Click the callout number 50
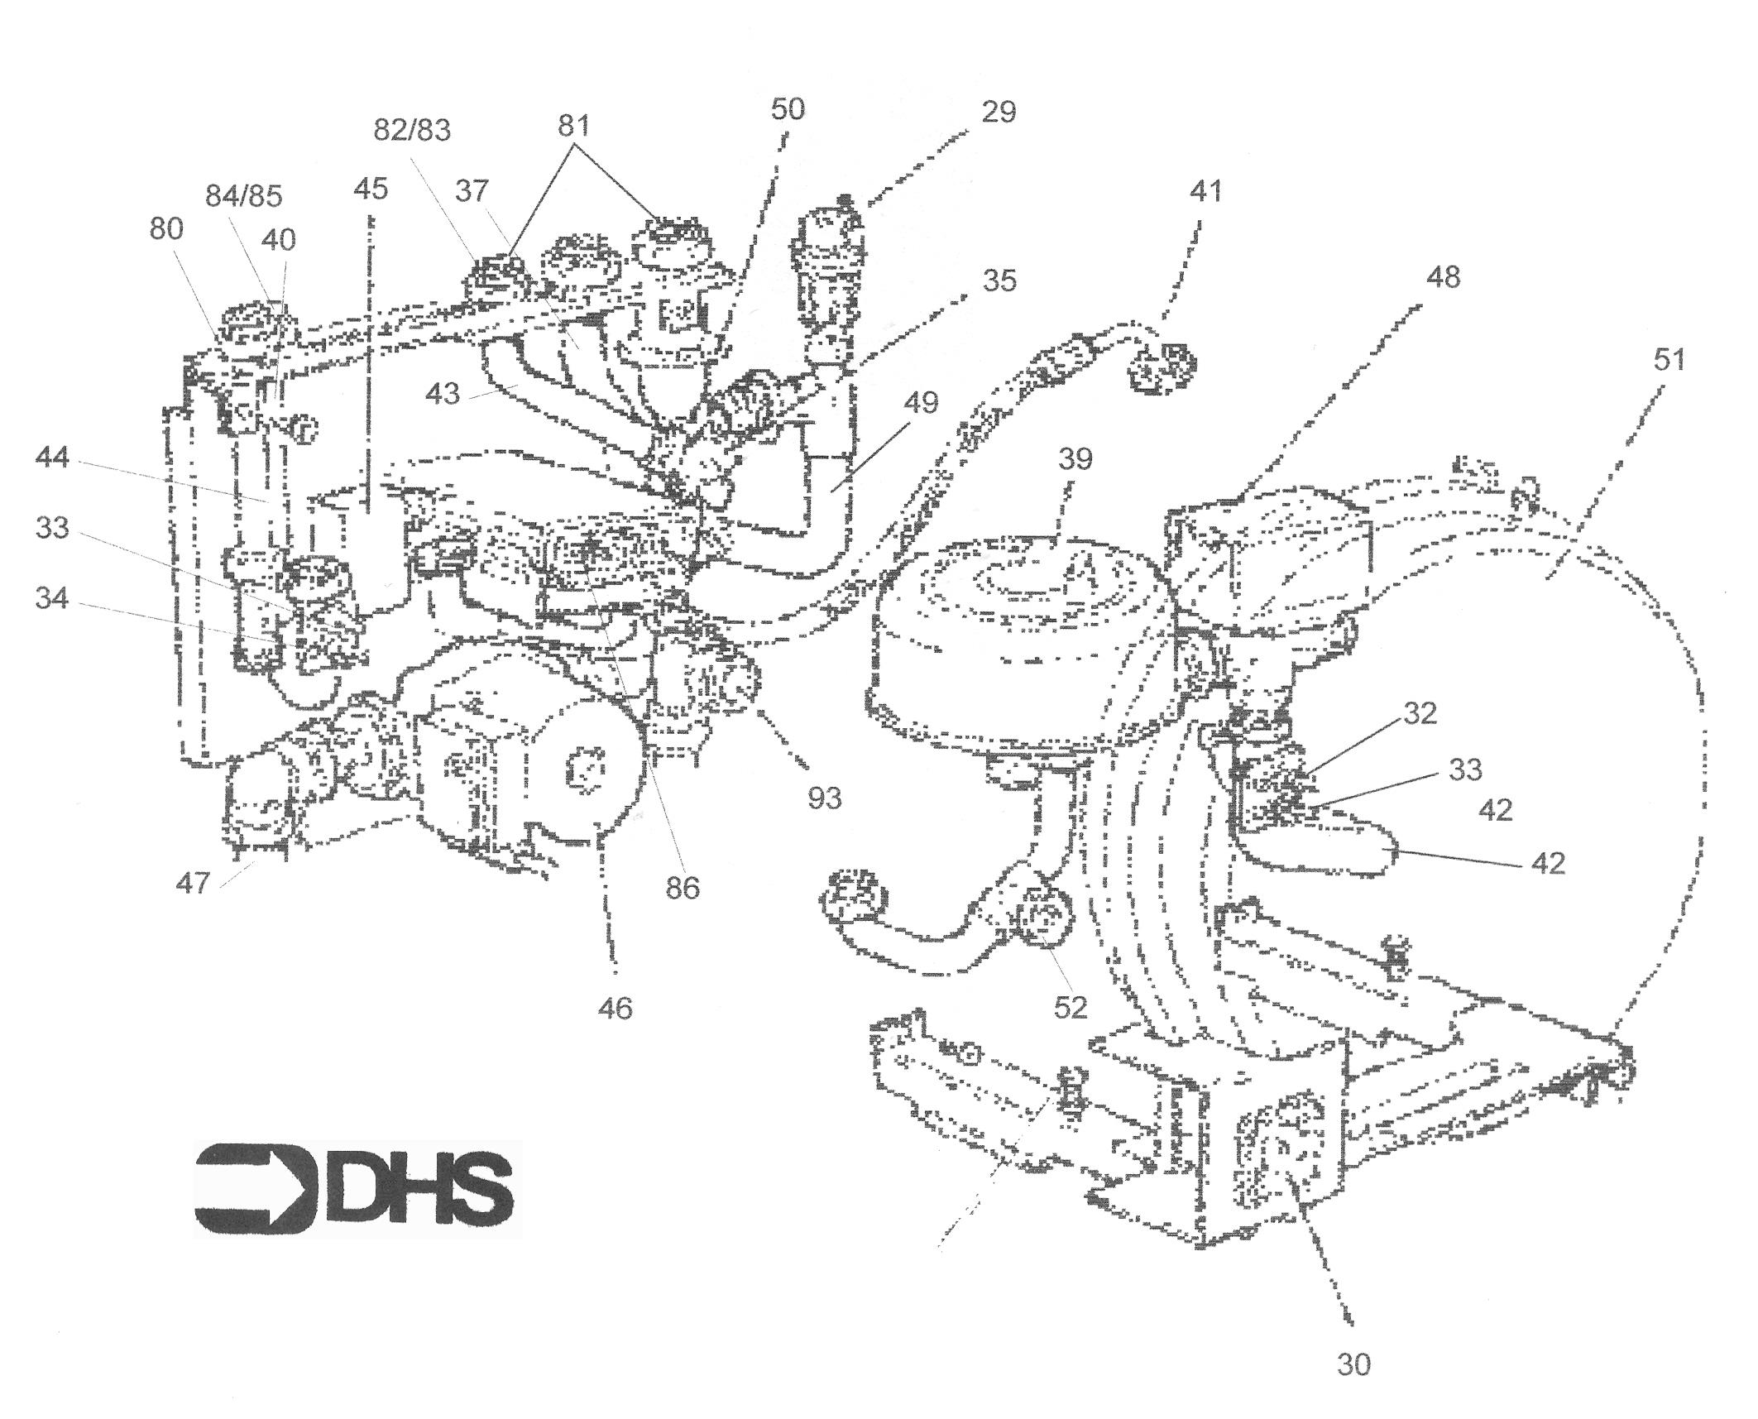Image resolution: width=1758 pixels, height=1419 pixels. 787,109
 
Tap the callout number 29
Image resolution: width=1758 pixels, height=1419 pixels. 999,112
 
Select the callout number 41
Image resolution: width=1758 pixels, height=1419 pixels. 1205,191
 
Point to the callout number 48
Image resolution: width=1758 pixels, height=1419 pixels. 1443,277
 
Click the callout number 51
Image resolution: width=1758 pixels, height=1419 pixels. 1669,361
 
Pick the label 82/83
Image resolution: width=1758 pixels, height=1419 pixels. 412,131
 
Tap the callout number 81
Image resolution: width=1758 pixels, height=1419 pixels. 573,126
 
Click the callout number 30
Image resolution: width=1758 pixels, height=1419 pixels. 1353,1364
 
